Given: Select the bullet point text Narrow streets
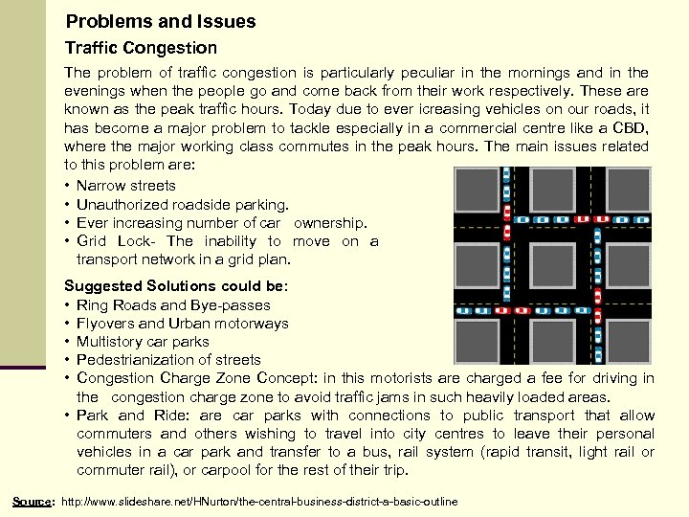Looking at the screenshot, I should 125,186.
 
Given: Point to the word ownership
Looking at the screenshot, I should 331,223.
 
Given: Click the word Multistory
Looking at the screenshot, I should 108,342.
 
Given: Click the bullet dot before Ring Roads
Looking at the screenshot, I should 68,305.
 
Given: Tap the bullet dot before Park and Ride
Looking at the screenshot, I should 68,416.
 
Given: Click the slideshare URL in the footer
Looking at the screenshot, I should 259,502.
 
